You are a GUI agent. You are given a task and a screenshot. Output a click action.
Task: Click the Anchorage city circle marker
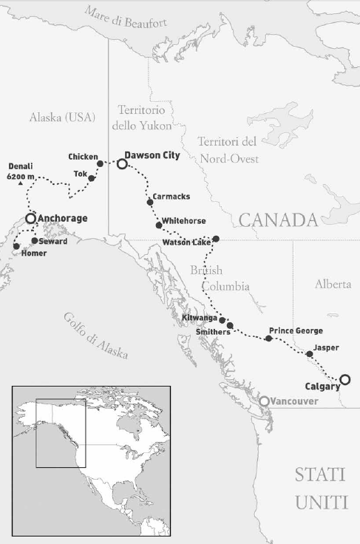(30, 219)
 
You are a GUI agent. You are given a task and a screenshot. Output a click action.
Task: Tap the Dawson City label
(153, 155)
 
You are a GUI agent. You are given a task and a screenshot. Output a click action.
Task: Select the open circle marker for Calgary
(344, 380)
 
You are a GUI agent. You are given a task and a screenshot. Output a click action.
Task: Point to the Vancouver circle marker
(264, 401)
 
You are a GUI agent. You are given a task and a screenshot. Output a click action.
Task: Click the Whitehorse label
(184, 221)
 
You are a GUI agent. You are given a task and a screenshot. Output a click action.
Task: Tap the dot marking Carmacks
(149, 198)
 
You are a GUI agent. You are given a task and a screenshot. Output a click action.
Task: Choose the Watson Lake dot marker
(216, 239)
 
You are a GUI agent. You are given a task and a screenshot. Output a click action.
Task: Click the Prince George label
(296, 330)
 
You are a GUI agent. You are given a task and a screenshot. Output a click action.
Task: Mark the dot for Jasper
(310, 354)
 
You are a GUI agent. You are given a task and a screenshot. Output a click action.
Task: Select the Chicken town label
(82, 157)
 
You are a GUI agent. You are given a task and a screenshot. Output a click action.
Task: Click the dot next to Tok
(91, 178)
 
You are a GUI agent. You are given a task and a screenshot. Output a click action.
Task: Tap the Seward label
(53, 242)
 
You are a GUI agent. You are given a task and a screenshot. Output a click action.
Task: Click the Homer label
(34, 254)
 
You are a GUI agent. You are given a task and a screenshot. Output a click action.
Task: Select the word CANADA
(277, 220)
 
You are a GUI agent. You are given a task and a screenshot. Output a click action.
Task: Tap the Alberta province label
(333, 285)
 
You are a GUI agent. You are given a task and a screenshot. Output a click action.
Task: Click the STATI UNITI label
(321, 488)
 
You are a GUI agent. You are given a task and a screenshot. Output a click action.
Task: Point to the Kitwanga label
(199, 319)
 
